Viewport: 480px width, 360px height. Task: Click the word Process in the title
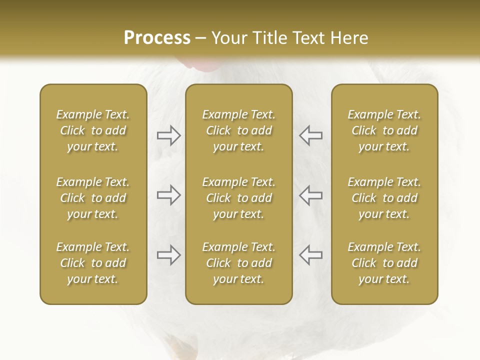click(x=157, y=38)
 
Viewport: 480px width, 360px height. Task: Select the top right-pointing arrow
click(x=168, y=135)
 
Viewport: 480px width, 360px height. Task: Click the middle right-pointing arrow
click(x=168, y=195)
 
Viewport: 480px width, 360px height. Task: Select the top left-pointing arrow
click(x=310, y=135)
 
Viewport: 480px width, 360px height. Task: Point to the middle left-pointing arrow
click(x=310, y=195)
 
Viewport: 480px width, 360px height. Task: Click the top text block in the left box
click(x=93, y=130)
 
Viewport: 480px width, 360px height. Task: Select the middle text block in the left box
click(x=93, y=198)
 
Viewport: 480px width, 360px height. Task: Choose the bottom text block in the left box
click(x=93, y=263)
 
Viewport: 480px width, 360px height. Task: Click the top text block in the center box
click(x=239, y=130)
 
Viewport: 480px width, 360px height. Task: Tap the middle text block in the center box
click(x=239, y=198)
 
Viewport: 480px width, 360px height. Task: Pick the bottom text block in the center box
click(x=239, y=263)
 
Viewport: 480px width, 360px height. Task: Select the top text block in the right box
click(x=384, y=130)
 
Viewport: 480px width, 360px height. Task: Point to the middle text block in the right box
click(x=384, y=198)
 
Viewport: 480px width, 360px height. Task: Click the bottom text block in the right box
click(x=384, y=263)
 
